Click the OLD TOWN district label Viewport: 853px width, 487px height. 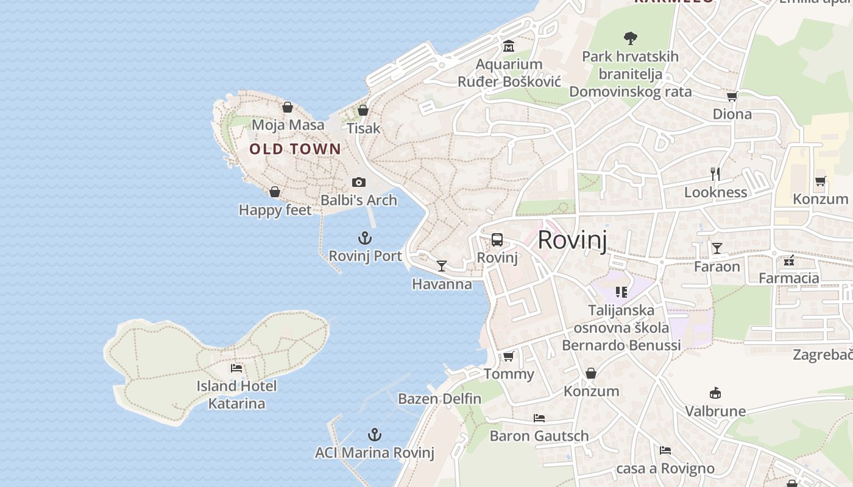[x=295, y=149]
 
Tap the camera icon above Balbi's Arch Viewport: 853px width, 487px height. [x=359, y=182]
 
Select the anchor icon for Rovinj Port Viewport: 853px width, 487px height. [x=365, y=238]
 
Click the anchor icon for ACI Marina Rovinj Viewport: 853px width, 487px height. [x=375, y=435]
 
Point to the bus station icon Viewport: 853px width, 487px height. [x=497, y=239]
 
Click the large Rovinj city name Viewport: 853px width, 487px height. [x=572, y=240]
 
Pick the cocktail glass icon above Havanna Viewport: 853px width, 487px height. [x=442, y=266]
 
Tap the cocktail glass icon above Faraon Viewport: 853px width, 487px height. [x=717, y=248]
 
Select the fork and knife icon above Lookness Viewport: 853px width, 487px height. [x=715, y=174]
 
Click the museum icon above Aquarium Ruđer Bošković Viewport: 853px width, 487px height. [x=509, y=46]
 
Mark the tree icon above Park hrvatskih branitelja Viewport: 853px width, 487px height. [x=631, y=38]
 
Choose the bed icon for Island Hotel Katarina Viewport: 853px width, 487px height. [x=236, y=368]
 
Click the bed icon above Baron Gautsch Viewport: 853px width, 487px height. [x=539, y=418]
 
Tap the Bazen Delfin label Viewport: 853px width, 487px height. [x=439, y=399]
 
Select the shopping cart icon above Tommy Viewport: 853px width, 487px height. [x=508, y=356]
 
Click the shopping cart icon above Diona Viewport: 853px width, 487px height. [x=732, y=96]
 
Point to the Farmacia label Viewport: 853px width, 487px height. [x=788, y=278]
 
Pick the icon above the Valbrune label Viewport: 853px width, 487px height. [x=715, y=393]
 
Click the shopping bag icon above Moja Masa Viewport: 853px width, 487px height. [x=288, y=108]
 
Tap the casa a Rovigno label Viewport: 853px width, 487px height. [x=665, y=469]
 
